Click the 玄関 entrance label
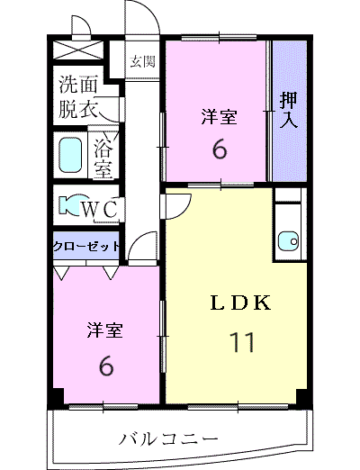pyautogui.click(x=142, y=61)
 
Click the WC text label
pyautogui.click(x=102, y=209)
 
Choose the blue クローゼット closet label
pyautogui.click(x=86, y=245)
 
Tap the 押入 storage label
pyautogui.click(x=288, y=108)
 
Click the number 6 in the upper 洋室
pyautogui.click(x=220, y=149)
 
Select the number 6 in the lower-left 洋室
pyautogui.click(x=105, y=365)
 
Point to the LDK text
pyautogui.click(x=240, y=303)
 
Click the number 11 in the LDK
pyautogui.click(x=242, y=342)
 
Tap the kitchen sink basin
pyautogui.click(x=287, y=240)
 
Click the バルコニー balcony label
pyautogui.click(x=169, y=439)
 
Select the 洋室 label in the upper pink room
pyautogui.click(x=220, y=115)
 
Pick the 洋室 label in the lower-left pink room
pyautogui.click(x=105, y=330)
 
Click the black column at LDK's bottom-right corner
pyautogui.click(x=304, y=397)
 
